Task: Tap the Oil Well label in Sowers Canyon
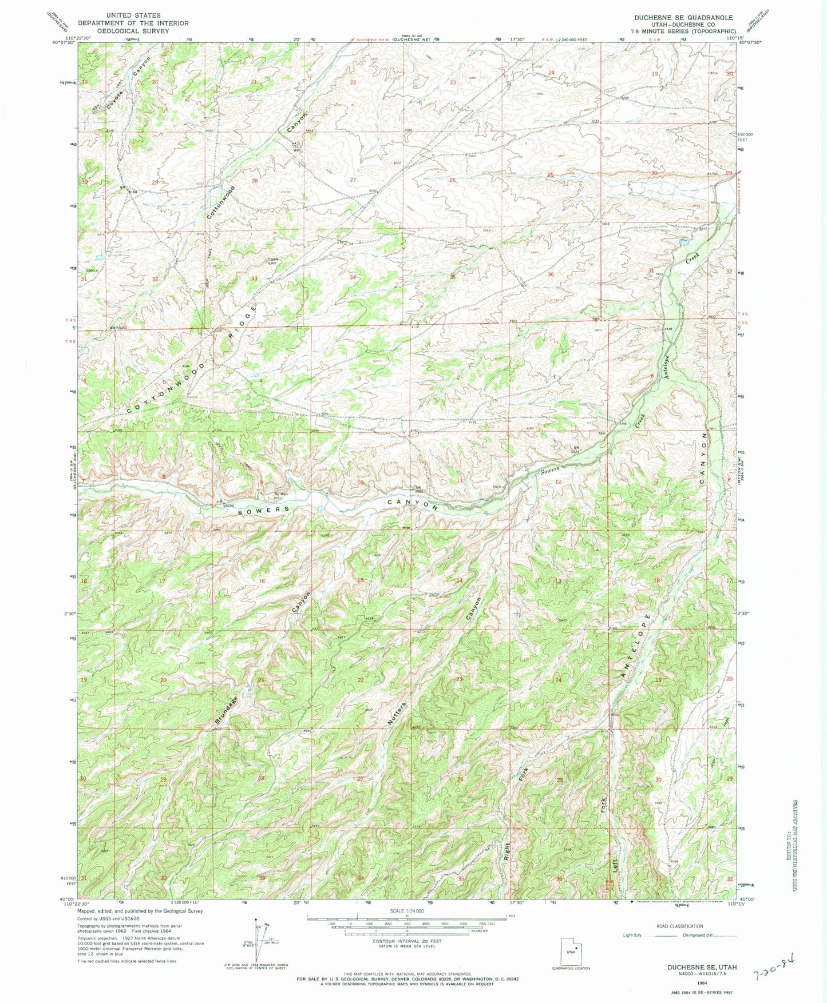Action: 280,493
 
